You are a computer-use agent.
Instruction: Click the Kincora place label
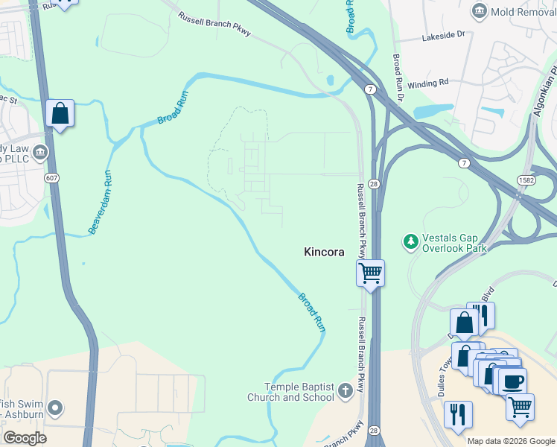click(x=324, y=253)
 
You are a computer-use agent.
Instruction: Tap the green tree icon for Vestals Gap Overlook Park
click(x=410, y=241)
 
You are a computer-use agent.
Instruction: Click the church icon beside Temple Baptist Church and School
click(x=344, y=390)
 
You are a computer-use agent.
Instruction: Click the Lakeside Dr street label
click(x=442, y=35)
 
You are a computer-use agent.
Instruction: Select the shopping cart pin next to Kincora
click(x=370, y=273)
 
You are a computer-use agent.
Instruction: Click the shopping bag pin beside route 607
click(x=60, y=114)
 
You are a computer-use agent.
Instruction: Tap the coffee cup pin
click(x=512, y=381)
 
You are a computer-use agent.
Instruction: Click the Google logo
click(x=25, y=438)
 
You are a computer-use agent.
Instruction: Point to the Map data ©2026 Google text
click(x=511, y=441)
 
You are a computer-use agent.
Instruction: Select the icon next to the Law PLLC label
click(x=41, y=153)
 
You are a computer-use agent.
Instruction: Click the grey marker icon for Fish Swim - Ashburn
click(x=55, y=408)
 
